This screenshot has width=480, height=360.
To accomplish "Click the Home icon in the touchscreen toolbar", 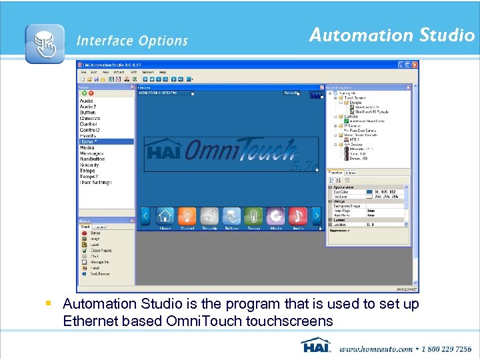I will tap(165, 217).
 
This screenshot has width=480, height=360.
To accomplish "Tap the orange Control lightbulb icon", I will tap(187, 217).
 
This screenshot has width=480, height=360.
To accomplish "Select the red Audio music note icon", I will tap(298, 217).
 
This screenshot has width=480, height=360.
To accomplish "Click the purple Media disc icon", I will tap(275, 217).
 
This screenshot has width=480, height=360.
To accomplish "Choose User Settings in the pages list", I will tap(96, 182).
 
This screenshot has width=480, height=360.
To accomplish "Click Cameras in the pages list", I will tap(91, 118).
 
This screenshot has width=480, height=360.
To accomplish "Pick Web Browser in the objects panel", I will tap(100, 274).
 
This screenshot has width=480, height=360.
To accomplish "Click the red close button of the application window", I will tap(415, 65).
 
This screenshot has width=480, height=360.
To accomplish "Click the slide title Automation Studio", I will tap(391, 35).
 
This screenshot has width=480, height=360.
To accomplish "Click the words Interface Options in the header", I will tap(132, 41).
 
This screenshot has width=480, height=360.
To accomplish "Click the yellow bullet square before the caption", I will tap(49, 304).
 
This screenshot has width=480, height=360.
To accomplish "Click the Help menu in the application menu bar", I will tap(163, 72).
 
